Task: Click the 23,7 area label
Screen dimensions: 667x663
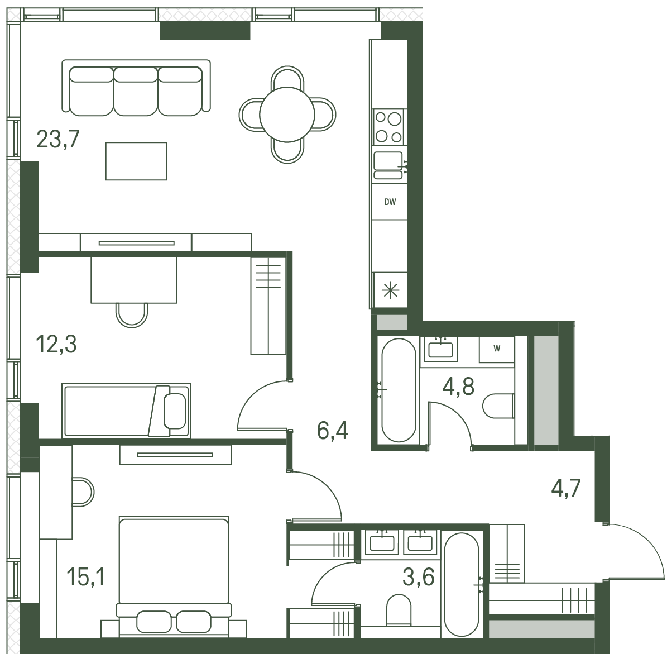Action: (x=58, y=139)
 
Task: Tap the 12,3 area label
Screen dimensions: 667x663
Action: (x=56, y=344)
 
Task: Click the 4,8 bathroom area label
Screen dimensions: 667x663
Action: (x=459, y=387)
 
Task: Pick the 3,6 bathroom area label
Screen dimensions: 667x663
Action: (x=419, y=577)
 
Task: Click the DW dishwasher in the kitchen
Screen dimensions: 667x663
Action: (x=390, y=202)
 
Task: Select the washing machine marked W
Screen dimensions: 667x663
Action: (x=497, y=349)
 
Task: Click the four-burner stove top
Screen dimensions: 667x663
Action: (x=389, y=127)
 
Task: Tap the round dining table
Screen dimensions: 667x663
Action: (x=287, y=115)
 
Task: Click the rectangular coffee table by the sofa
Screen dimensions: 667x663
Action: (x=136, y=161)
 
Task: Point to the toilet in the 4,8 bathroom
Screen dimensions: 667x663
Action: (x=498, y=406)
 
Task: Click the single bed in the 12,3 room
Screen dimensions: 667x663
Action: (x=126, y=411)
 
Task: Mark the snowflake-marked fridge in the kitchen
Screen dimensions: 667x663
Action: (x=390, y=290)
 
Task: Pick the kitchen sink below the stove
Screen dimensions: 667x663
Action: (x=388, y=165)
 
